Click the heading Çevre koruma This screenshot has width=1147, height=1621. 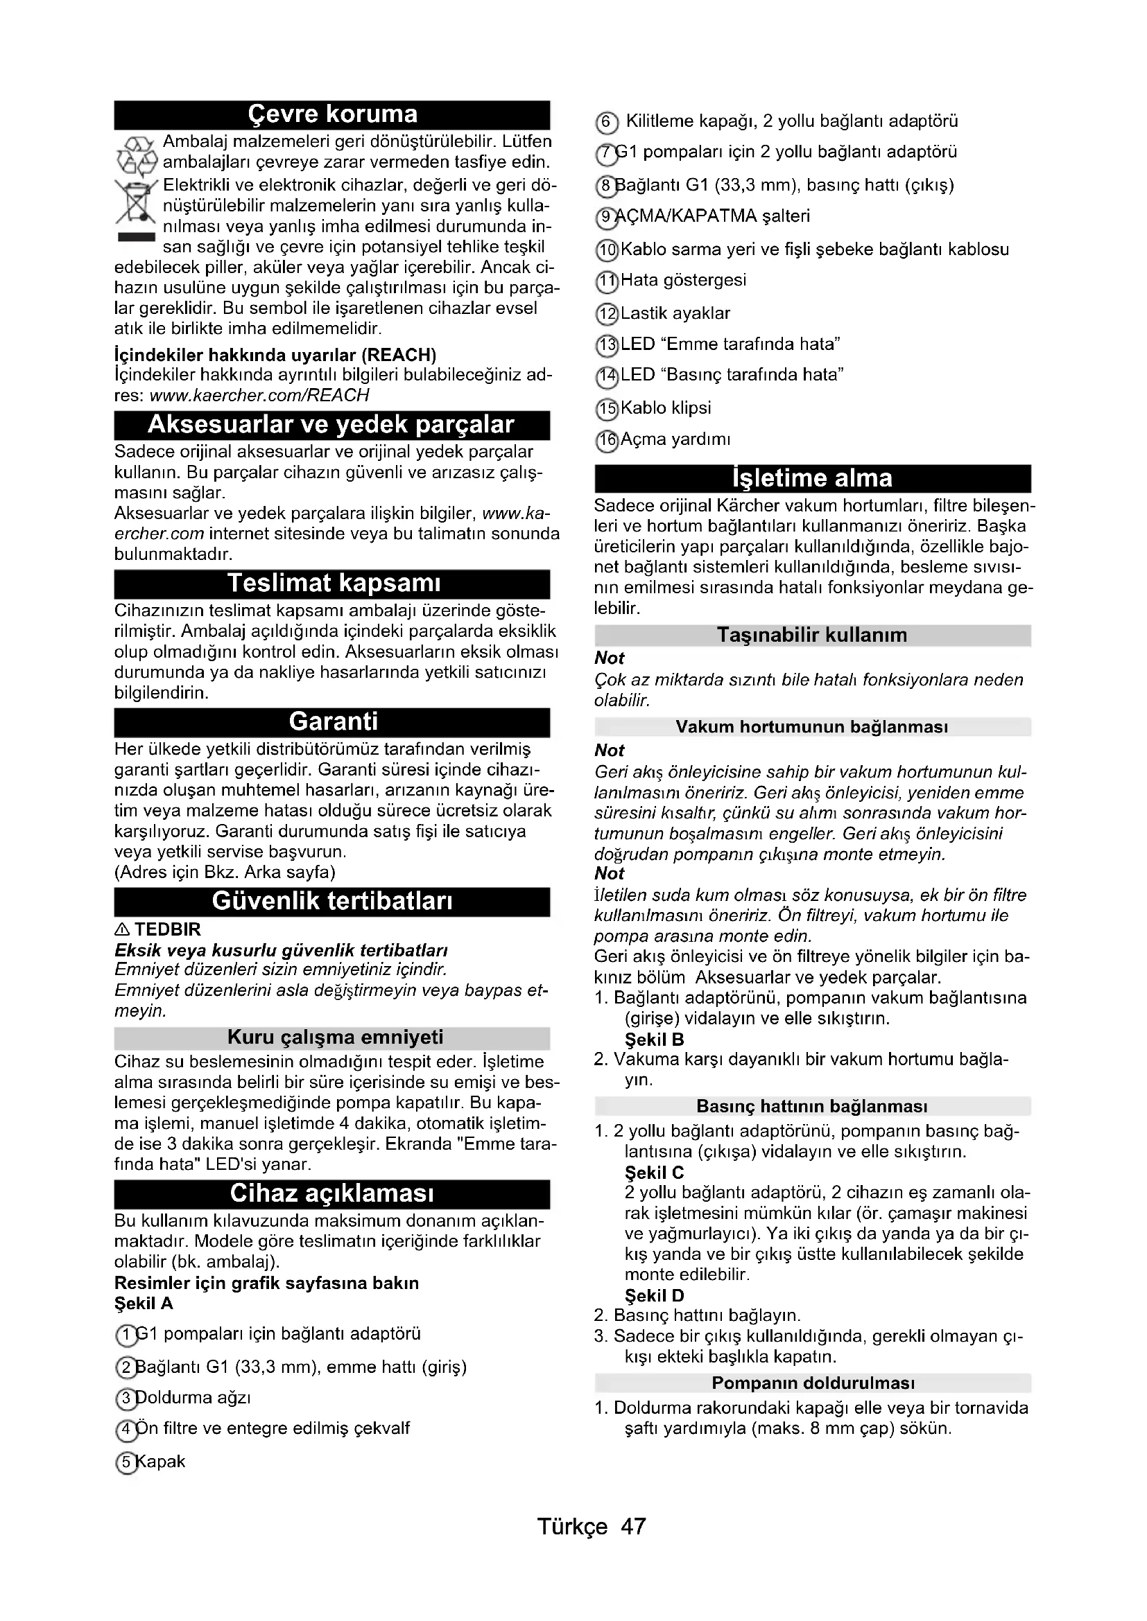point(332,114)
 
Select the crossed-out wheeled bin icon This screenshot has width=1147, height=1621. point(136,204)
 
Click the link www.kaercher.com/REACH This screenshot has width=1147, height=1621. point(259,394)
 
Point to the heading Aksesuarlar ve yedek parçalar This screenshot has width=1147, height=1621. point(331,425)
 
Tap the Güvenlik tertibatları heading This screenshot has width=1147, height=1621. point(332,901)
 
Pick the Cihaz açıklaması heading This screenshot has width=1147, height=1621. point(332,1193)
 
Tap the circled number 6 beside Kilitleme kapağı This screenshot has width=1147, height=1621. point(607,122)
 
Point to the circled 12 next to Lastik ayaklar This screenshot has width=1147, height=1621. point(607,314)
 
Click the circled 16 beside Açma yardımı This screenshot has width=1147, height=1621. point(607,441)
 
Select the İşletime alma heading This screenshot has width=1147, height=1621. point(812,479)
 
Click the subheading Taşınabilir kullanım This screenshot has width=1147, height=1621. point(812,636)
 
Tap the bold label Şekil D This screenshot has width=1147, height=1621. point(654,1295)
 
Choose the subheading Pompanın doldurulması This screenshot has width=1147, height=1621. point(813,1383)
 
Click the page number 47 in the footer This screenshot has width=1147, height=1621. point(633,1526)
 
